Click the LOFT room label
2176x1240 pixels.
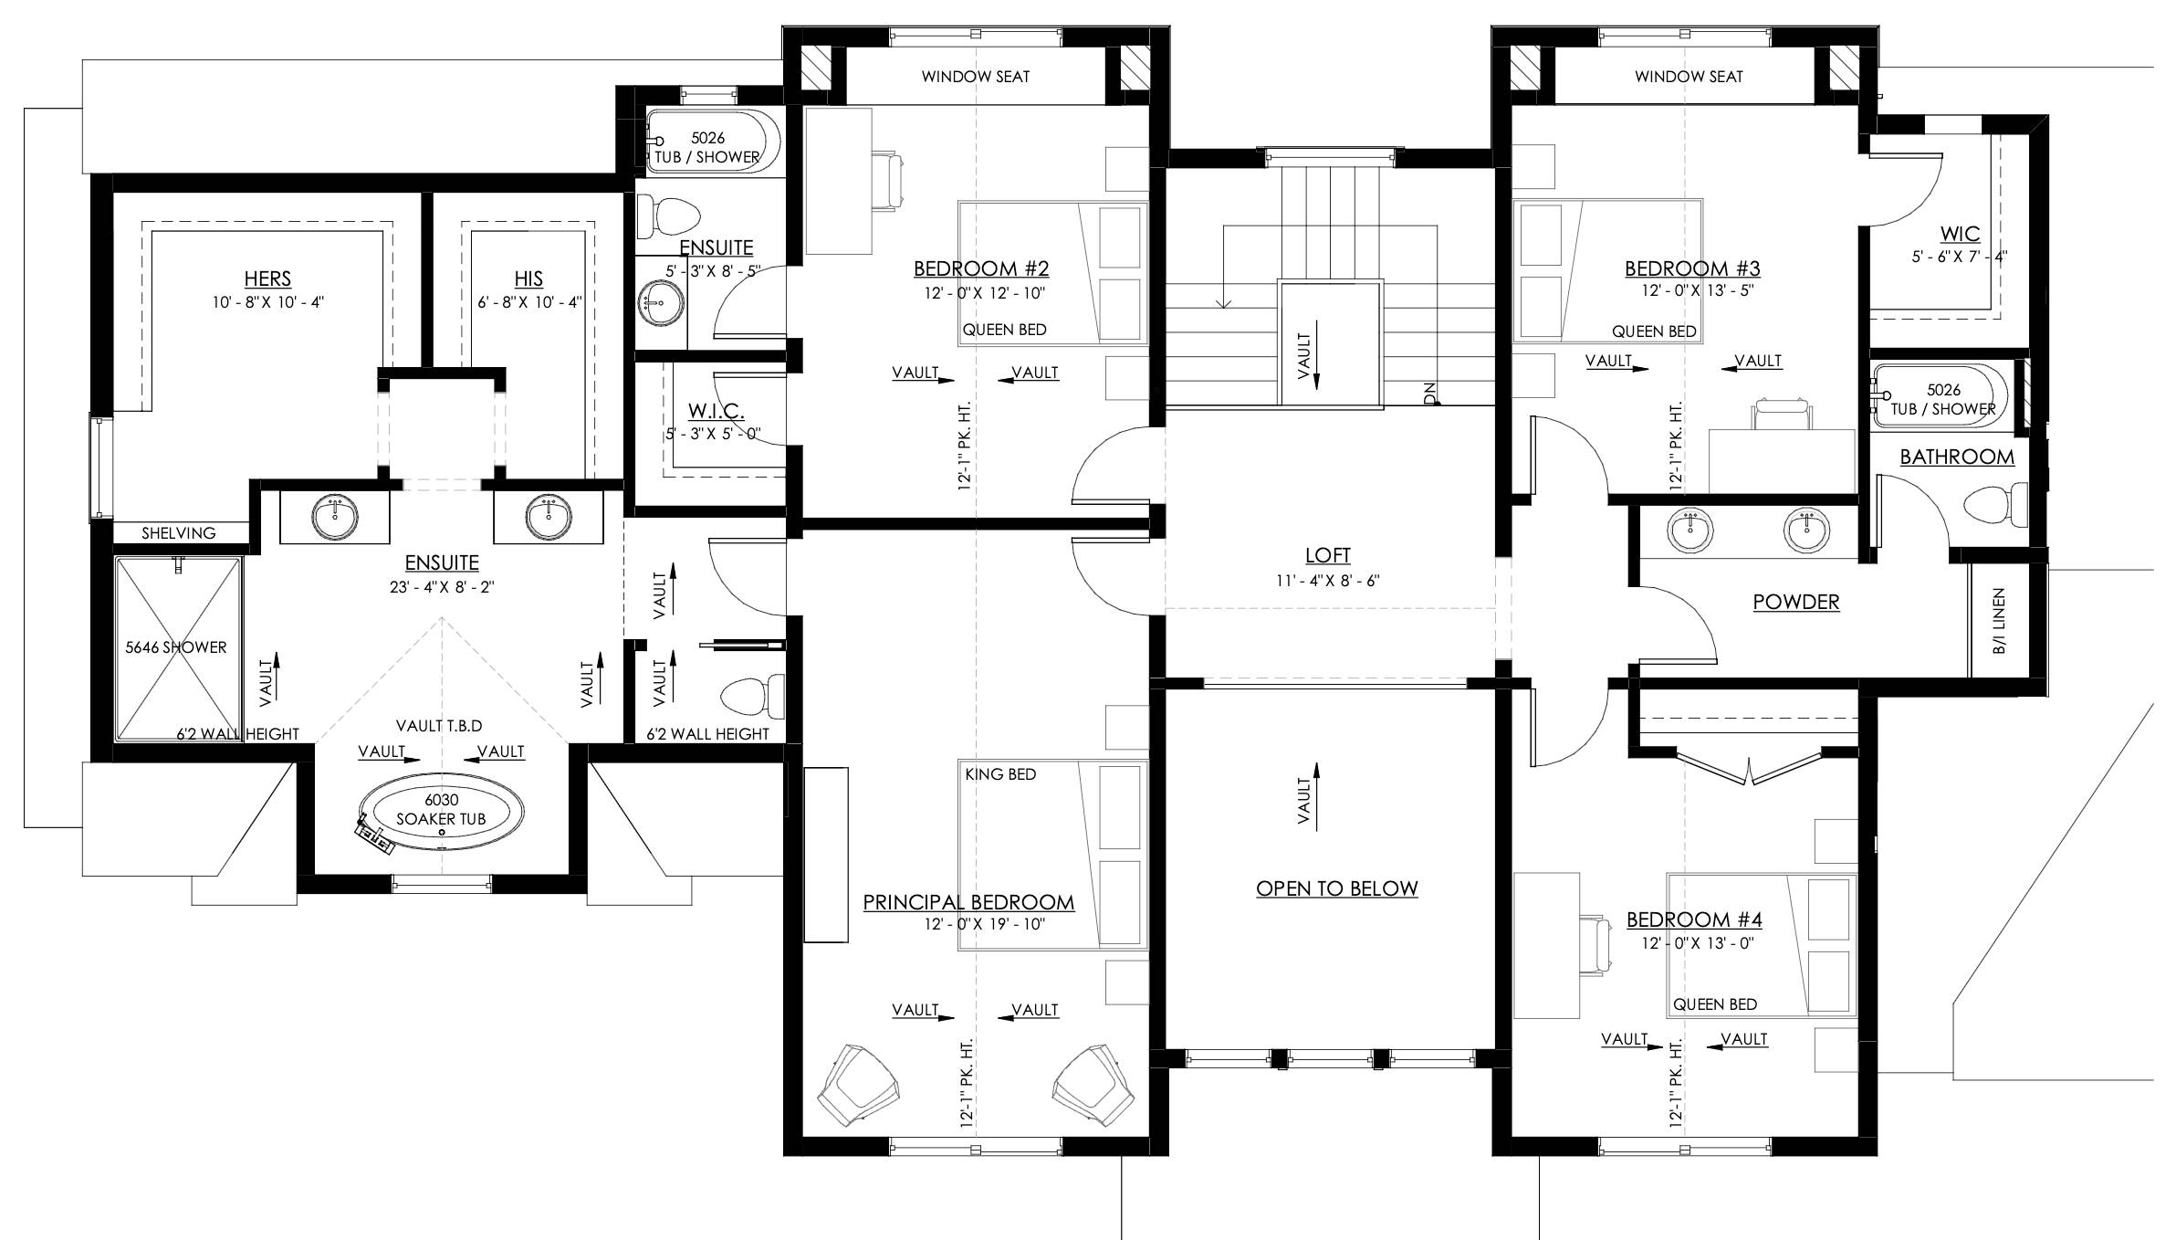[1327, 555]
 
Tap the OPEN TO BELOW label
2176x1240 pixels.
[1337, 888]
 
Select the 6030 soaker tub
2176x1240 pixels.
[442, 815]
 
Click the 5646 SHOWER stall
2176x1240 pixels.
[178, 648]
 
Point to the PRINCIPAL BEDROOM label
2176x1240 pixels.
[968, 902]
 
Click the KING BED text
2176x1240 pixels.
[1000, 774]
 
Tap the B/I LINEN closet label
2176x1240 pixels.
[1999, 621]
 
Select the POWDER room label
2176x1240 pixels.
[1796, 602]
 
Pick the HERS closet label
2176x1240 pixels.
[267, 278]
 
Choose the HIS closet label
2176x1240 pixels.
[528, 278]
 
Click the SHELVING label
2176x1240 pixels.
[179, 533]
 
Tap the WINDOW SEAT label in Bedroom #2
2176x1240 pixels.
[976, 77]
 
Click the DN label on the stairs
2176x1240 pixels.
[1429, 393]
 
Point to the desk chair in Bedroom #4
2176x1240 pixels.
[1596, 946]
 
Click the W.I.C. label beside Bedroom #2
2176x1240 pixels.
[717, 412]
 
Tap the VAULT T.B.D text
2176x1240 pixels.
[439, 726]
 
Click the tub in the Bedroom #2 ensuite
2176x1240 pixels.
[714, 142]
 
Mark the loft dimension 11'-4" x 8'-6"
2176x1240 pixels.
[1328, 581]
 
